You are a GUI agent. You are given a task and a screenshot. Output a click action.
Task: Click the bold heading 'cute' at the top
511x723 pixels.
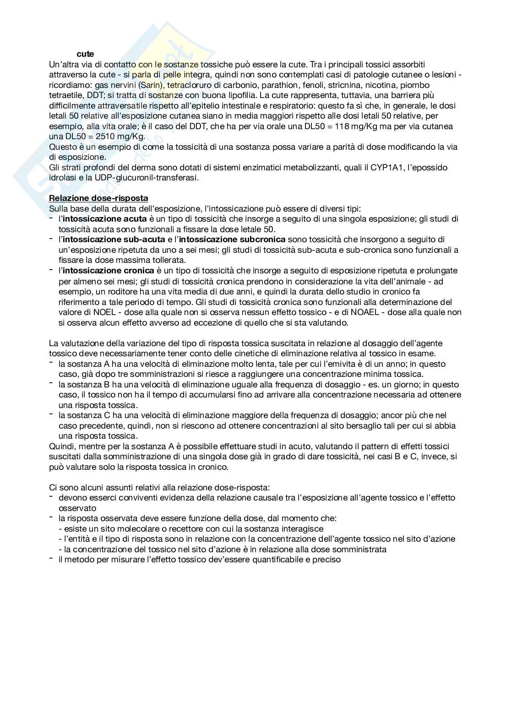(85, 54)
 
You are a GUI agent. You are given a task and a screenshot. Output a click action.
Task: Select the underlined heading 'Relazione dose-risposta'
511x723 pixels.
(98, 198)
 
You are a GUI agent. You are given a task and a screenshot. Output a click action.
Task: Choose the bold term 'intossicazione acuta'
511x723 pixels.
(104, 219)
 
